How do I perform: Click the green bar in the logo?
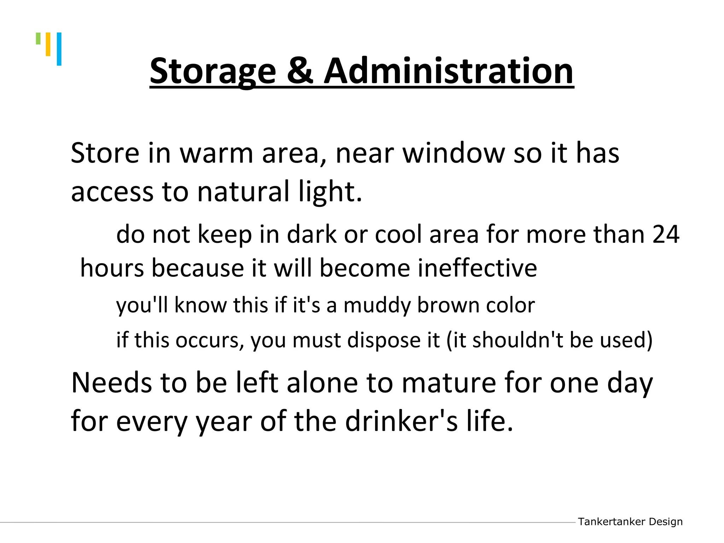click(x=38, y=39)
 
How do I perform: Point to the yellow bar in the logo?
click(x=48, y=44)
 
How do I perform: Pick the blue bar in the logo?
click(x=59, y=49)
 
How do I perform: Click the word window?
click(x=454, y=153)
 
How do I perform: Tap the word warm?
click(x=216, y=153)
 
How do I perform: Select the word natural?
click(x=243, y=191)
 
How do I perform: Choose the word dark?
click(x=311, y=234)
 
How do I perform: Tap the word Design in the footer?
click(x=666, y=522)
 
